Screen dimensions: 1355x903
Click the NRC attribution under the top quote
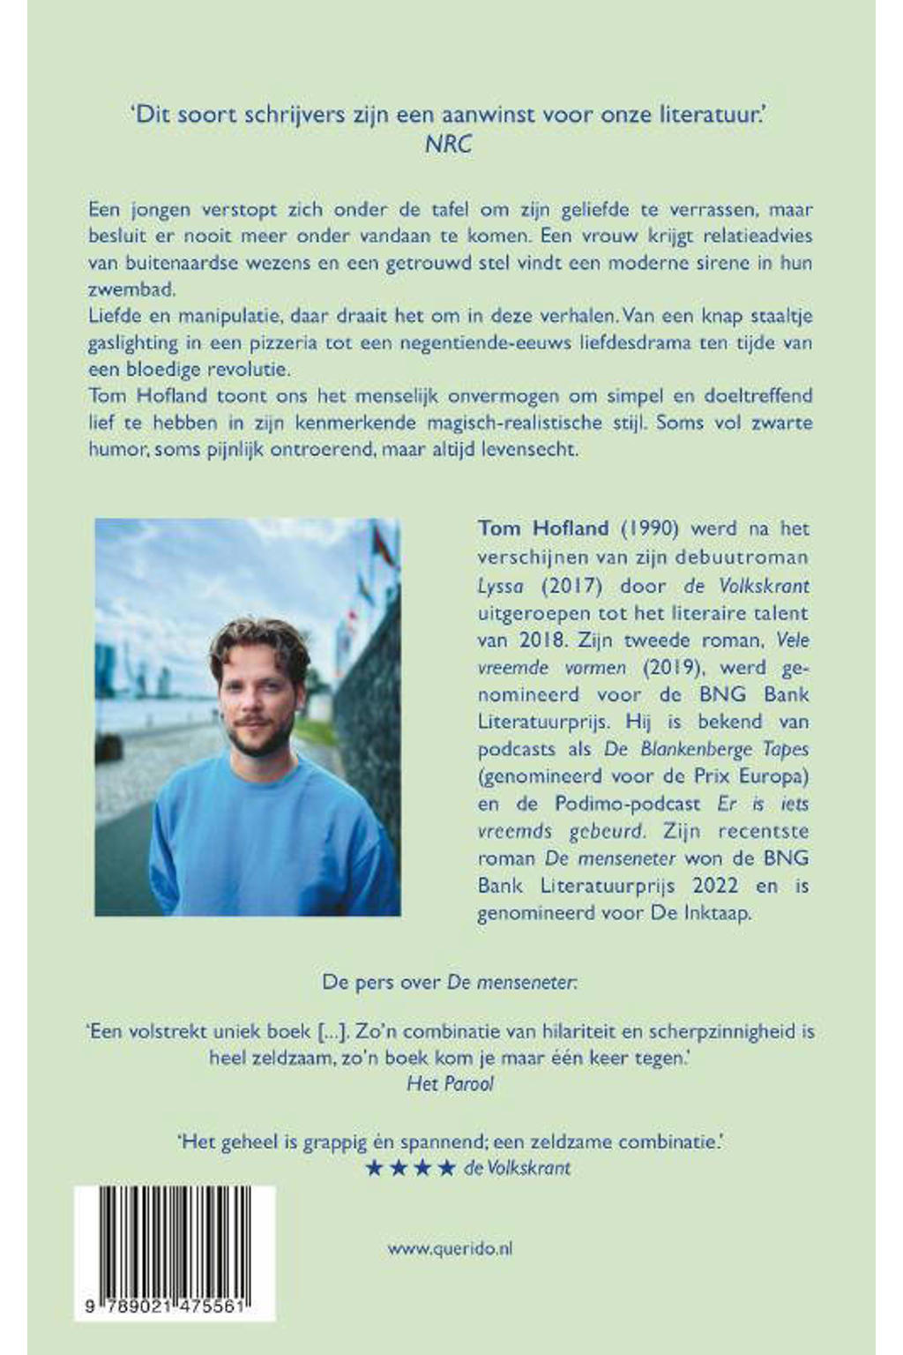(449, 144)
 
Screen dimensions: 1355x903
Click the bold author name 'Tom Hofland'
(543, 528)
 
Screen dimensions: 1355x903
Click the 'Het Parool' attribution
(450, 1083)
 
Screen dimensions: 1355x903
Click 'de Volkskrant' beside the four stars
(518, 1168)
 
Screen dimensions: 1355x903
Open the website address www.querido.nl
(450, 1248)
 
